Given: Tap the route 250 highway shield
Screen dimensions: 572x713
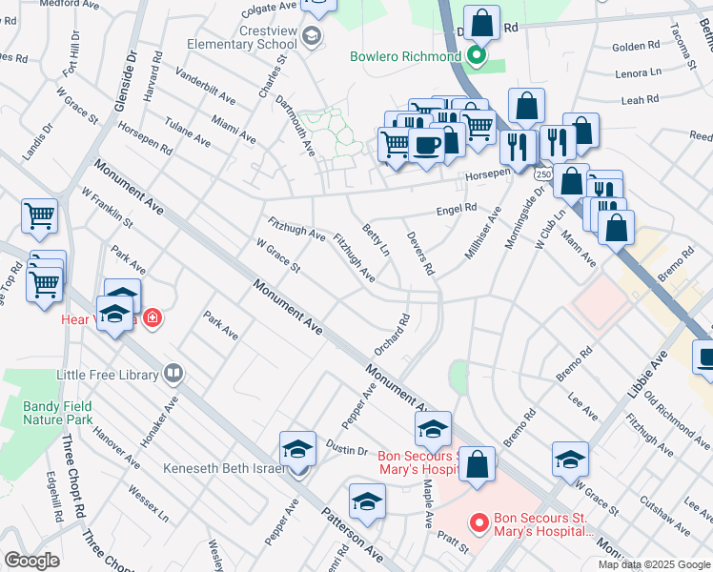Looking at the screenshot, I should coord(542,174).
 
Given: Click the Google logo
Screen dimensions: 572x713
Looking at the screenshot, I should coord(31,561).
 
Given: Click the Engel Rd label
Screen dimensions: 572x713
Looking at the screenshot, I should coord(456,209).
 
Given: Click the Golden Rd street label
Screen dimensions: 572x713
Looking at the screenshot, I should coord(635,46).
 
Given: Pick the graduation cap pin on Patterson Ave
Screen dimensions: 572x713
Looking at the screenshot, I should coord(367,502).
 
